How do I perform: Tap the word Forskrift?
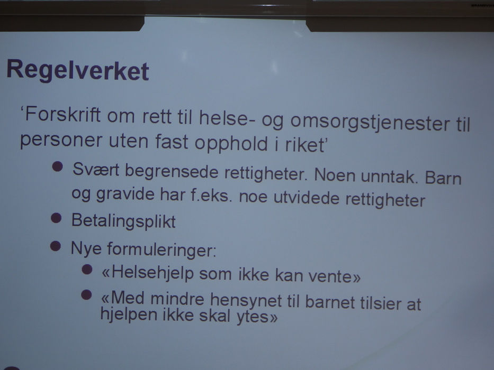tap(62, 115)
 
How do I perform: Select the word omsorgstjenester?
tap(370, 123)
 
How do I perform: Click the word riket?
tap(304, 144)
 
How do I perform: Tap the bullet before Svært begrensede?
tap(57, 166)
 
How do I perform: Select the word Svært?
tap(96, 170)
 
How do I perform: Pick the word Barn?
tap(443, 178)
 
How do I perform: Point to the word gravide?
tap(125, 194)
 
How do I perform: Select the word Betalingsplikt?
tap(123, 221)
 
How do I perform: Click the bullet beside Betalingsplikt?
tap(56, 218)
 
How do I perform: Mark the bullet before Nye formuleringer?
tap(56, 246)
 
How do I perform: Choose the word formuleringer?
tap(161, 250)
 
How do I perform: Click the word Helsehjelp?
tap(152, 273)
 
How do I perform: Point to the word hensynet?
tap(246, 300)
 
